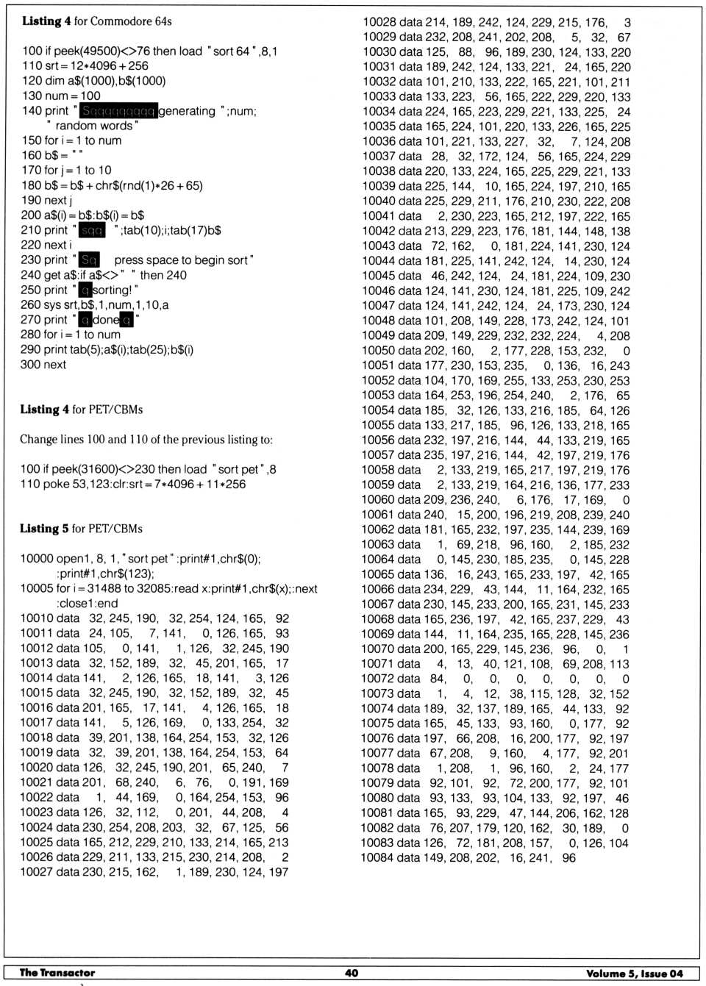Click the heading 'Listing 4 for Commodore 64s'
tap(96, 21)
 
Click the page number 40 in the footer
tap(352, 973)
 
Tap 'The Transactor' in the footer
tap(57, 973)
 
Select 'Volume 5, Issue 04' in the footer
tap(634, 974)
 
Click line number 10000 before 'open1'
tap(37, 559)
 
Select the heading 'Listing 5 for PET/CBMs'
tap(81, 529)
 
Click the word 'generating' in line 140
tap(187, 111)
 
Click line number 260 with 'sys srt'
tap(31, 305)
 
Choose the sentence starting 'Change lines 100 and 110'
tap(146, 440)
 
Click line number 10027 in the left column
tap(37, 872)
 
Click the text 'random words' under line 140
tap(94, 126)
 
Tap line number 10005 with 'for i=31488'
tap(37, 589)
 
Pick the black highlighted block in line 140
tap(118, 111)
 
